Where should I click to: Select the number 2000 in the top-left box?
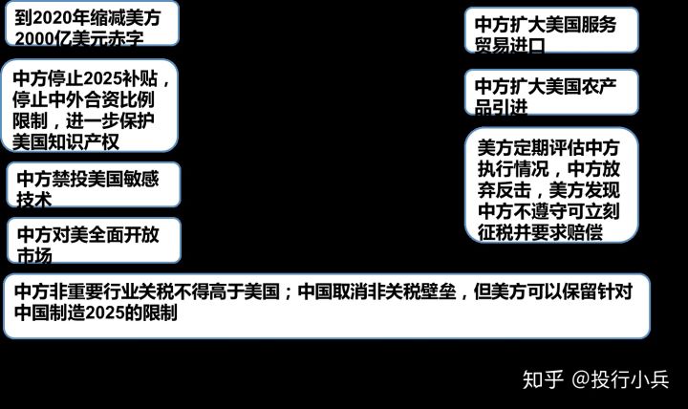pyautogui.click(x=34, y=37)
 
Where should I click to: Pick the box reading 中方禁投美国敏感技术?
pyautogui.click(x=95, y=184)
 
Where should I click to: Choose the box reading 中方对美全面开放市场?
pyautogui.click(x=95, y=241)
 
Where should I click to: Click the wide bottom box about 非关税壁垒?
pyautogui.click(x=325, y=305)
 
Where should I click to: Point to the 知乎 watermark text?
pyautogui.click(x=541, y=379)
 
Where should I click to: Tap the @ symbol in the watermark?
pyautogui.click(x=580, y=379)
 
